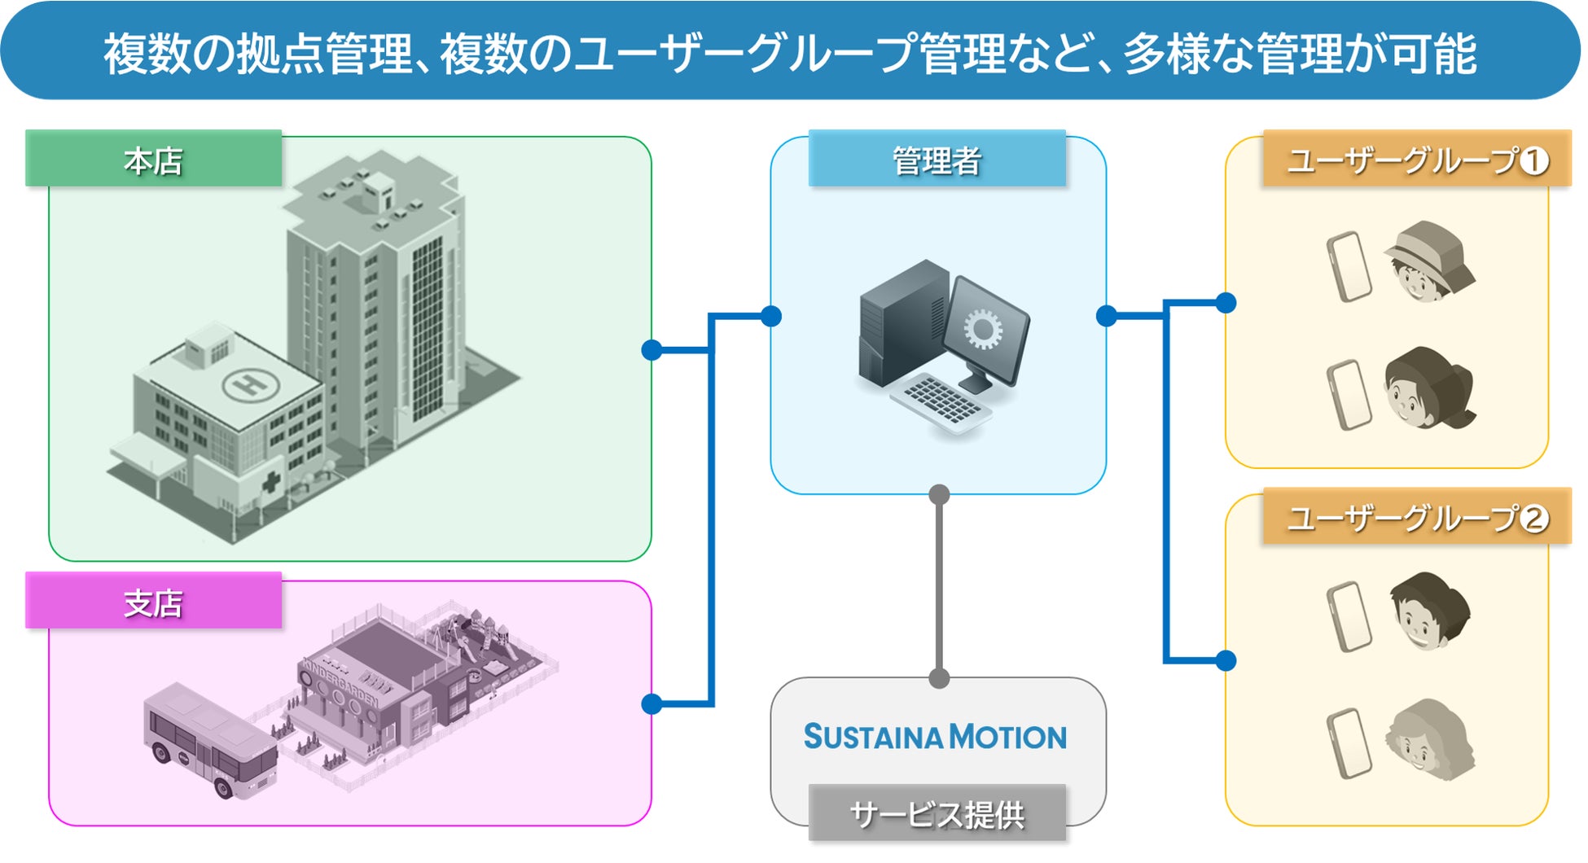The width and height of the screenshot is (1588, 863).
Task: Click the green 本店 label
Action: pyautogui.click(x=153, y=160)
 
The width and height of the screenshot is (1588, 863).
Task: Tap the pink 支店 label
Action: pyautogui.click(x=153, y=602)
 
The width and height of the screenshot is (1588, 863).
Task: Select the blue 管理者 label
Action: pyautogui.click(x=937, y=160)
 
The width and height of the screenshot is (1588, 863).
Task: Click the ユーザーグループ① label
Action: pyautogui.click(x=1417, y=160)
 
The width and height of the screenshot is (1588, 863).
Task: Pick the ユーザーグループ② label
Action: pyautogui.click(x=1417, y=518)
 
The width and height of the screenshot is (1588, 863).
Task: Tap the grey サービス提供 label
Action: pyautogui.click(x=937, y=813)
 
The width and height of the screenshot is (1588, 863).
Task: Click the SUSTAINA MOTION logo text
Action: pyautogui.click(x=935, y=737)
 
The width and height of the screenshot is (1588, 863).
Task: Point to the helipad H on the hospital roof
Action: pyautogui.click(x=251, y=383)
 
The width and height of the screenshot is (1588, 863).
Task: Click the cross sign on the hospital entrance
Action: pyautogui.click(x=270, y=482)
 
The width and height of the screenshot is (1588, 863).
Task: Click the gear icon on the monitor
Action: pyautogui.click(x=983, y=329)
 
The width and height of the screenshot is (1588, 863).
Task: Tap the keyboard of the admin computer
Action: pyautogui.click(x=941, y=401)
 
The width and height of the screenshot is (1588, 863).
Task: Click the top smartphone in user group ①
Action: pyautogui.click(x=1349, y=266)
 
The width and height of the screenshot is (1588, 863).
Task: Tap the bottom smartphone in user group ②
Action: pyautogui.click(x=1349, y=743)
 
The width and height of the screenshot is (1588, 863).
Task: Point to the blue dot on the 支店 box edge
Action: pyautogui.click(x=651, y=703)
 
